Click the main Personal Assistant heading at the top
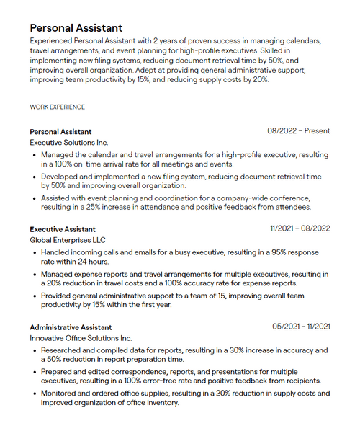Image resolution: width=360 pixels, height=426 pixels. tap(76, 28)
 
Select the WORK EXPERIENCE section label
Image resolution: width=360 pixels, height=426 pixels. tap(57, 107)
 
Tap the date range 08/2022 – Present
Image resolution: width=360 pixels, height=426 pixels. tap(298, 131)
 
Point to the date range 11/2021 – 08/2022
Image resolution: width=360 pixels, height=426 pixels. tap(300, 228)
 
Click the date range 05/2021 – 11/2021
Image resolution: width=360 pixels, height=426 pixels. tap(301, 327)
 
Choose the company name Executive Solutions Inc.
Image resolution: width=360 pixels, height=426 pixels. tap(68, 143)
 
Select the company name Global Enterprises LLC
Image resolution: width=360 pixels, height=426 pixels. tap(68, 240)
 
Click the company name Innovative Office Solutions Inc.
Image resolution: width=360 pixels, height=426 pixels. tap(81, 338)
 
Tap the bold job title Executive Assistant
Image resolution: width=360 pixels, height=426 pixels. tap(62, 228)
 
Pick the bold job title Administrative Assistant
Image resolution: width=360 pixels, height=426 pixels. tap(71, 327)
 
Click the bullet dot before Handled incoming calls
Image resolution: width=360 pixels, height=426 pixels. tap(35, 253)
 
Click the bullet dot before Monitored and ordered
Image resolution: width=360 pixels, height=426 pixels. tap(35, 394)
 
